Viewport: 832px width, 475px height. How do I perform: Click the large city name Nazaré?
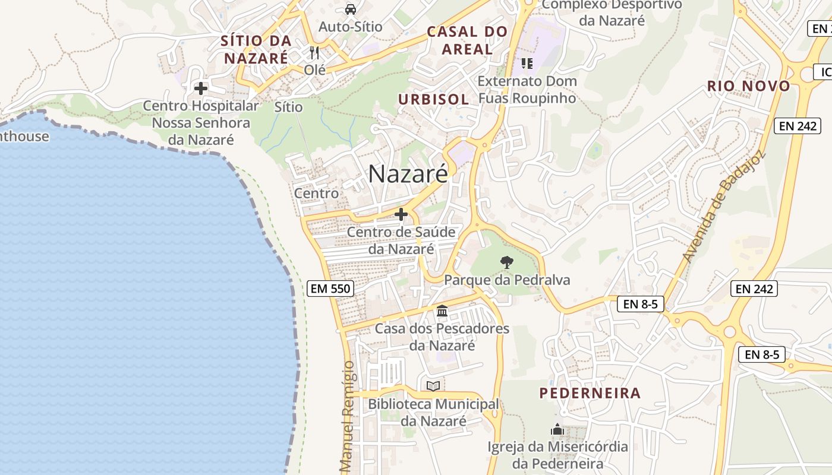coord(408,174)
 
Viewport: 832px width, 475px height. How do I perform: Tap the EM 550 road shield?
coord(331,289)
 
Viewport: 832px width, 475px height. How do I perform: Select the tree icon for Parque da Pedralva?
coord(507,262)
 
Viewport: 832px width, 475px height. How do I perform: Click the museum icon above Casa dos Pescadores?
coord(442,311)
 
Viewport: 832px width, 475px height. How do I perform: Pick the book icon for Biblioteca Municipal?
coord(433,387)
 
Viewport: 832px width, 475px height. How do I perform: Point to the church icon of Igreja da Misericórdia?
coord(557,429)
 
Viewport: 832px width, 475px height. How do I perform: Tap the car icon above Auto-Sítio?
coord(351,9)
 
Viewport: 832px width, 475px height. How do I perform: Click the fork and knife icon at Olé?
coord(314,53)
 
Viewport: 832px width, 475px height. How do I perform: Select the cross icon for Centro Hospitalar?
coord(201,88)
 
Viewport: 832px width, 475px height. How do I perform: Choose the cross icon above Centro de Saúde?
coord(401,214)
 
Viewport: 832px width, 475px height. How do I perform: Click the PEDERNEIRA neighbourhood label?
coord(590,393)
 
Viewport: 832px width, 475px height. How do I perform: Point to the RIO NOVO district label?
coord(749,86)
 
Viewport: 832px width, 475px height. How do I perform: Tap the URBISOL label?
coord(434,99)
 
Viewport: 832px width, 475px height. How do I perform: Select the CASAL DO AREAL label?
coord(468,40)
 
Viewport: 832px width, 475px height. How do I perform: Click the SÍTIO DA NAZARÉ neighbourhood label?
coord(256,49)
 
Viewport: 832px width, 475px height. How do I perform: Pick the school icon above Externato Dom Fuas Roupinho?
coord(527,63)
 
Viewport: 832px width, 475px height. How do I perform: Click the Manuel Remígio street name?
coord(348,416)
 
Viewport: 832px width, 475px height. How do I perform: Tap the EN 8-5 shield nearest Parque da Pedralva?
coord(641,305)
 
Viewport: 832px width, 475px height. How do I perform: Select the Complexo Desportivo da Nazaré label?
coord(612,12)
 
